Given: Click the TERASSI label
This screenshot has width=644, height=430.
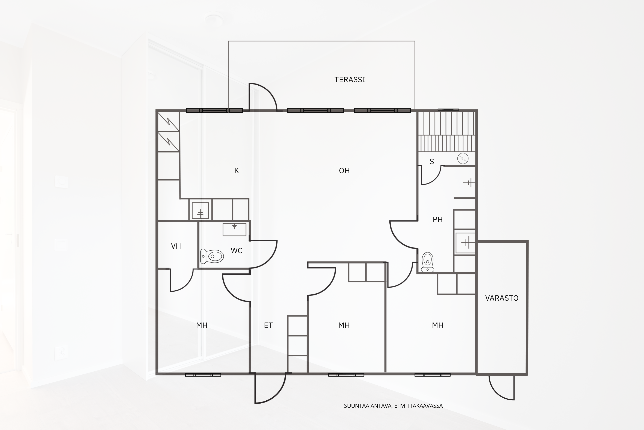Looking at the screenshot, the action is click(350, 80).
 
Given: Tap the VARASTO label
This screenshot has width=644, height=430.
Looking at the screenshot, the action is click(502, 298).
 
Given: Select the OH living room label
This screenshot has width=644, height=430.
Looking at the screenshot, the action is click(344, 171).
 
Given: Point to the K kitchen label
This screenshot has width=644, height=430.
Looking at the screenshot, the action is click(236, 171).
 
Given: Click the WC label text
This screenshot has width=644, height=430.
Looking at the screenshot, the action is click(236, 251).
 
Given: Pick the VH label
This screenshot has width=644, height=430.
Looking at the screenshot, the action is click(176, 246).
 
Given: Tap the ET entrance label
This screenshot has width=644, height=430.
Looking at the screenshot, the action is click(268, 325).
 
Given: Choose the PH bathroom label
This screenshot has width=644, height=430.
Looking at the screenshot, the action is click(437, 219).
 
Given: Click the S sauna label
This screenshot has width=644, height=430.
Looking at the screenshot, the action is click(432, 162).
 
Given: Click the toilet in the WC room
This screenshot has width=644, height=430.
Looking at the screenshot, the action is click(212, 256).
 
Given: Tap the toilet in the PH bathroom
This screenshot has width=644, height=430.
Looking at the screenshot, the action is click(427, 262).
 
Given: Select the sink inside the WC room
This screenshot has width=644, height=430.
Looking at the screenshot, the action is click(234, 229).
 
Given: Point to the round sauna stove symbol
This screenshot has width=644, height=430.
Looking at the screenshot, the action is click(463, 159).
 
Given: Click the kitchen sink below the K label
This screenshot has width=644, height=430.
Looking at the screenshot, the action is click(200, 210).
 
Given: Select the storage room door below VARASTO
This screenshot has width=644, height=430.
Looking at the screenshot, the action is click(501, 388).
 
